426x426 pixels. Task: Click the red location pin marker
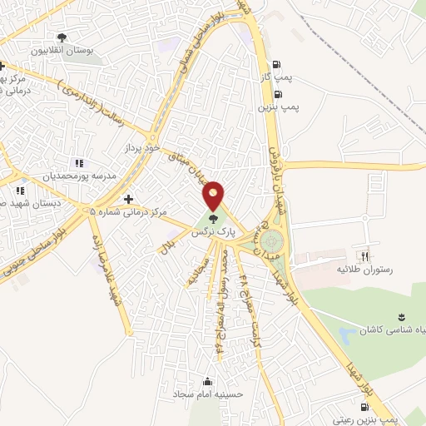[x=214, y=195]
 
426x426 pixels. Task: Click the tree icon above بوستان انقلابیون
[x=62, y=37]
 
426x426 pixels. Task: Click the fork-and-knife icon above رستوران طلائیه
[x=363, y=255]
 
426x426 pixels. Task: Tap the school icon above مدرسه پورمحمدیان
[x=79, y=164]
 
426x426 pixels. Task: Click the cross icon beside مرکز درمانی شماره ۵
[x=127, y=200]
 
